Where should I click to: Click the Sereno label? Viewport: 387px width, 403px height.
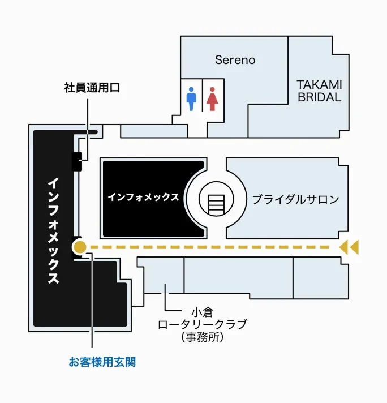(x=235, y=60)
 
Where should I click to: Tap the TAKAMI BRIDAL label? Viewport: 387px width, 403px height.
(x=319, y=91)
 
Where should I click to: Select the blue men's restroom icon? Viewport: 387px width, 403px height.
(x=191, y=99)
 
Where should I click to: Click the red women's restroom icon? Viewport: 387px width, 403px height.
(x=212, y=99)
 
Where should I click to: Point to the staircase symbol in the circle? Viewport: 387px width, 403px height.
(x=216, y=204)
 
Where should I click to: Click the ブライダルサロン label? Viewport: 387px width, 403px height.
(x=295, y=199)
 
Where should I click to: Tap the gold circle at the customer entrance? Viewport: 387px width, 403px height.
(x=79, y=247)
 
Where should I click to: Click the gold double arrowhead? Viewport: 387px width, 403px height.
(x=349, y=247)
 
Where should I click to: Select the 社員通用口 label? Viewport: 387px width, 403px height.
(x=92, y=88)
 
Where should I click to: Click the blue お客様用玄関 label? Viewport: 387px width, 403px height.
(x=102, y=362)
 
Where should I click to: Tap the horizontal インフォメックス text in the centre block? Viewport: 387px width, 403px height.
(x=143, y=197)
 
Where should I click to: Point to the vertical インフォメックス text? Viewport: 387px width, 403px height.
(x=53, y=230)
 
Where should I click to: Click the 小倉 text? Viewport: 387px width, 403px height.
(x=202, y=312)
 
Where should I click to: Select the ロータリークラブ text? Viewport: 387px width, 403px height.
(x=202, y=324)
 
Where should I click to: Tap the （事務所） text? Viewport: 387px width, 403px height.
(x=202, y=337)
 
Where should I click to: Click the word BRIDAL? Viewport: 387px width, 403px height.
(x=319, y=97)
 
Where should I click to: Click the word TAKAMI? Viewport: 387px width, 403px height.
(x=319, y=84)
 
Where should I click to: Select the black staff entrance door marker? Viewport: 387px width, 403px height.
(x=76, y=161)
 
